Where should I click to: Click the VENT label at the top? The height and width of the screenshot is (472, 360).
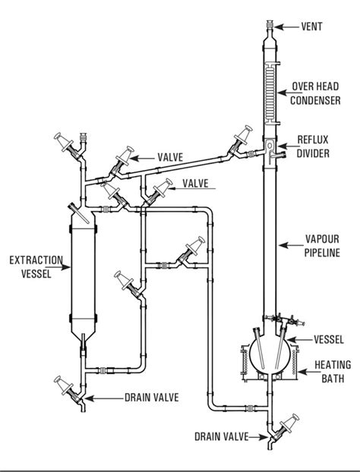pyautogui.click(x=312, y=27)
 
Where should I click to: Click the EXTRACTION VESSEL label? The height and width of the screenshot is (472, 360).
pyautogui.click(x=30, y=267)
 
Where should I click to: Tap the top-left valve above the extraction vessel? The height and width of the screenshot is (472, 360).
pyautogui.click(x=65, y=144)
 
